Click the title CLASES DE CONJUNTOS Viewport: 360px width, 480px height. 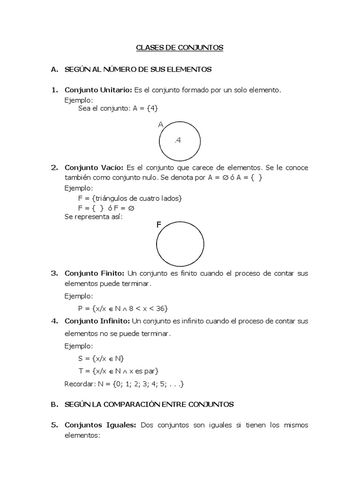click(x=180, y=47)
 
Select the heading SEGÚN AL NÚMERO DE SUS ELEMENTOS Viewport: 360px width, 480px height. click(x=138, y=69)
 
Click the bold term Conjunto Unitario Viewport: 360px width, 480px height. click(x=98, y=90)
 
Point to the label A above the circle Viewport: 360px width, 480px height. click(x=161, y=125)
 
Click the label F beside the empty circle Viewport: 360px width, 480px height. click(x=159, y=225)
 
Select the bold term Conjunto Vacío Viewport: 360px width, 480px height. click(x=94, y=167)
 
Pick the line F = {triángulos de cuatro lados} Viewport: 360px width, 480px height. click(x=130, y=198)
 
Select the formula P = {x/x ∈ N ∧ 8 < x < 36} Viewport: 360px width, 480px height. click(x=123, y=308)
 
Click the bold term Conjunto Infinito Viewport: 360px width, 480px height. click(x=97, y=321)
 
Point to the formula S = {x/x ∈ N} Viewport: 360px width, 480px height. click(x=100, y=359)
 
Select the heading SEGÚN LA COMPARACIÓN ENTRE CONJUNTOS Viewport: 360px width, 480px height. click(x=149, y=404)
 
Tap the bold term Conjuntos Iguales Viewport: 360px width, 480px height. click(x=100, y=425)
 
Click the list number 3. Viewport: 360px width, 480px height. click(x=54, y=273)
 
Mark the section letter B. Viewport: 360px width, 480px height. click(x=53, y=404)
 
